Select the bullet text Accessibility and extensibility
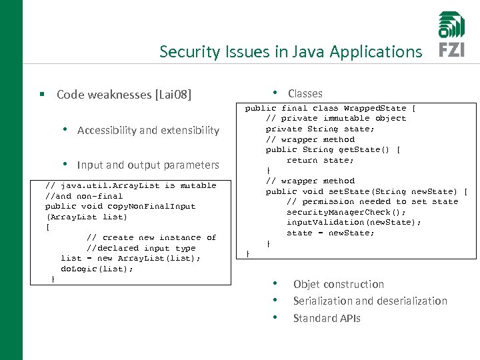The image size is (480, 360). pyautogui.click(x=148, y=131)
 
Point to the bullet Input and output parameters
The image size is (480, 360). pyautogui.click(x=148, y=165)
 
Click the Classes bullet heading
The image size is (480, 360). pyautogui.click(x=305, y=94)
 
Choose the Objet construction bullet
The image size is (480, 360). pyautogui.click(x=339, y=285)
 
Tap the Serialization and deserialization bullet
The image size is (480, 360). pyautogui.click(x=370, y=301)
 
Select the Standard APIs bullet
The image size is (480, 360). pyautogui.click(x=327, y=319)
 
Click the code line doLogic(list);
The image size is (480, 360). pyautogui.click(x=97, y=269)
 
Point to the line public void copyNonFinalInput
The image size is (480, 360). pyautogui.click(x=120, y=206)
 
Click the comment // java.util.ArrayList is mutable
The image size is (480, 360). pyautogui.click(x=131, y=185)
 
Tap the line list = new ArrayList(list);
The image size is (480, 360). pyautogui.click(x=130, y=258)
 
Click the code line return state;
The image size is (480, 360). pyautogui.click(x=320, y=160)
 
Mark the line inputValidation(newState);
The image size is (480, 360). pyautogui.click(x=353, y=222)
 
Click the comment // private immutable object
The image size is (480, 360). pyautogui.click(x=335, y=118)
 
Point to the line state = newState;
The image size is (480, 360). pyautogui.click(x=330, y=233)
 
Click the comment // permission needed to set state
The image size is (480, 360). pyautogui.click(x=372, y=201)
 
